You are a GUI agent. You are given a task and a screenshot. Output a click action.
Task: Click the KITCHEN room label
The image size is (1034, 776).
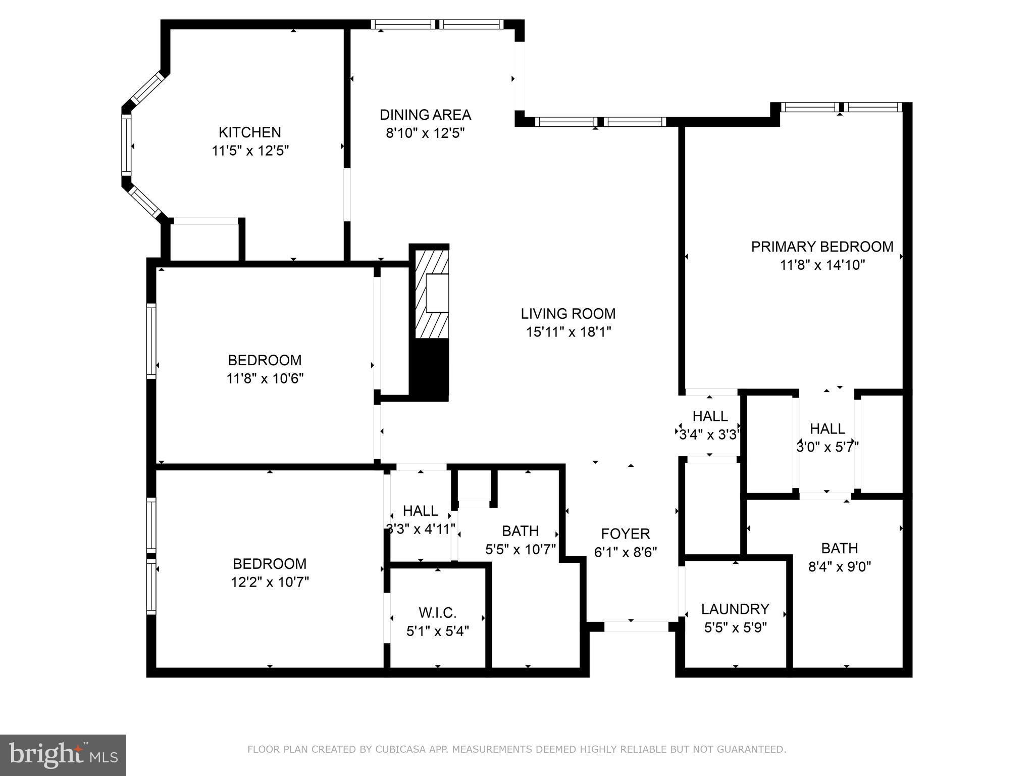(x=249, y=132)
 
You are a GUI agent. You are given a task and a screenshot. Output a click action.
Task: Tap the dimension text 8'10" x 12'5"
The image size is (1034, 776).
(x=425, y=133)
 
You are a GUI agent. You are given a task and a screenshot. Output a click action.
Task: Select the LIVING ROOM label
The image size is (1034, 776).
(x=568, y=314)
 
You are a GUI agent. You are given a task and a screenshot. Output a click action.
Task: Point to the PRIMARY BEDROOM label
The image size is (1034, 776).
(x=822, y=247)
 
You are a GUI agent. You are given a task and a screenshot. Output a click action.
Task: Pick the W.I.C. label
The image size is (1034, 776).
(x=437, y=613)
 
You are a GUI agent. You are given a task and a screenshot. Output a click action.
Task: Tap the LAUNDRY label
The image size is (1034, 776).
(x=735, y=609)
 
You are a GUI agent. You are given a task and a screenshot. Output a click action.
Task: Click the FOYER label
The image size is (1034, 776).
(x=625, y=533)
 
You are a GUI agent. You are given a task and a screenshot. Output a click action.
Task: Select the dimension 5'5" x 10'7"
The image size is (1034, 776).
(x=520, y=549)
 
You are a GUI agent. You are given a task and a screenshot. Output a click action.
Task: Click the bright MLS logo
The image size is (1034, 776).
(x=63, y=755)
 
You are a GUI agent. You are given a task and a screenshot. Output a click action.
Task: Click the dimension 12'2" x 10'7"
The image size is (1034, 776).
(x=270, y=582)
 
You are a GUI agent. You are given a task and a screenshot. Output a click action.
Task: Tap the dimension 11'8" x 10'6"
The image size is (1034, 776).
(x=265, y=378)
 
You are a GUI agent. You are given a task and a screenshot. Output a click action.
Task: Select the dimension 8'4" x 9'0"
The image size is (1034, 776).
(x=839, y=566)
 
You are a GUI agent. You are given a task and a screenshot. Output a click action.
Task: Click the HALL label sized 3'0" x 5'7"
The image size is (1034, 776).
(x=827, y=429)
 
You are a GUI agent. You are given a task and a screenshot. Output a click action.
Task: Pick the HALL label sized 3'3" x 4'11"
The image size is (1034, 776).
(x=420, y=511)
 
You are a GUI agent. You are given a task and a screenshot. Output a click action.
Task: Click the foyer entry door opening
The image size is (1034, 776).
(x=636, y=626)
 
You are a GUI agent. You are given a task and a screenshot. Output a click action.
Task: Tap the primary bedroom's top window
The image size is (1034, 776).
(x=841, y=107)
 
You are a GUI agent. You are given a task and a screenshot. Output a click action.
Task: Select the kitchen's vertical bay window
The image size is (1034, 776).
(x=126, y=145)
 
